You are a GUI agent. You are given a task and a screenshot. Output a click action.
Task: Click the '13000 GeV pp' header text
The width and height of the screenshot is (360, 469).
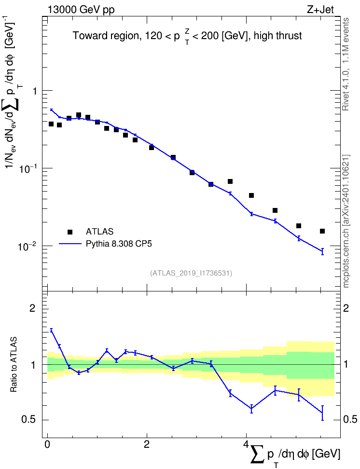(81, 10)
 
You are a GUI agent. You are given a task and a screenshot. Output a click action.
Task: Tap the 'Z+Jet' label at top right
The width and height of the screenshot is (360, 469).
(320, 10)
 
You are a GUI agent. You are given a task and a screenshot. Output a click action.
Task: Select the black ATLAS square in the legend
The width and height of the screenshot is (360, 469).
(70, 232)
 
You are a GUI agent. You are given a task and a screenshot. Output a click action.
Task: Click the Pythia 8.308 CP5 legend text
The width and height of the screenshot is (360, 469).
(119, 244)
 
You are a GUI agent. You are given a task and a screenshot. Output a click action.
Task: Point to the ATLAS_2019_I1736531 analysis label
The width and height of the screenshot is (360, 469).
(191, 273)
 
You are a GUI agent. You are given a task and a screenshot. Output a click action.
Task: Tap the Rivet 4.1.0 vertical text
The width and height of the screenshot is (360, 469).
(346, 64)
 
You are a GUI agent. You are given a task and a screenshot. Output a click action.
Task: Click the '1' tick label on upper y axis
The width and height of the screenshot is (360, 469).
(35, 91)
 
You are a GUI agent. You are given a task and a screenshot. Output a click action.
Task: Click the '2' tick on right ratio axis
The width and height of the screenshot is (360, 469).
(346, 308)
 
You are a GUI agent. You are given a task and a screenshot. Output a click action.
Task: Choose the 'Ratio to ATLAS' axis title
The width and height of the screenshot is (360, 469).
(14, 364)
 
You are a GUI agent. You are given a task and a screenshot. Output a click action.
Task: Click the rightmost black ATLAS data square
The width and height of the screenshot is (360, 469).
(322, 231)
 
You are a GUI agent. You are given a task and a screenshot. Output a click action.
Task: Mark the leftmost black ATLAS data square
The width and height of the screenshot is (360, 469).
(51, 124)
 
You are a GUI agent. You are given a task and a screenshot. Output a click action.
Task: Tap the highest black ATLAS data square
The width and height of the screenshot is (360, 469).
(79, 115)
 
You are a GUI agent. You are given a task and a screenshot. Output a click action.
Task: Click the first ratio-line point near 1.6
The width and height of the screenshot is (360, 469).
(52, 330)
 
